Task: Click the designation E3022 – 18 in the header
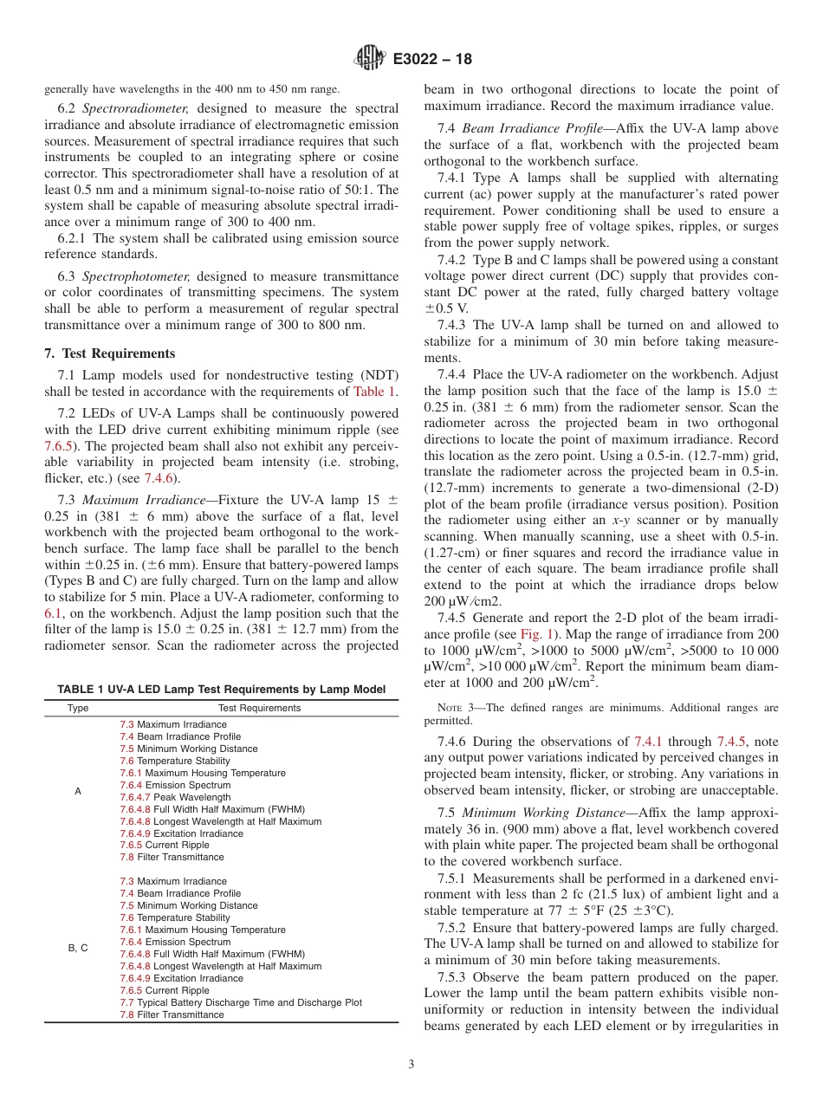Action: click(432, 60)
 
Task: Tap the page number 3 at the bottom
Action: click(411, 1064)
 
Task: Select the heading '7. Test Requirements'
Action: click(109, 353)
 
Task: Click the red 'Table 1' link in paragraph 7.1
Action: click(375, 391)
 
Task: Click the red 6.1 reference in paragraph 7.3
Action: click(53, 613)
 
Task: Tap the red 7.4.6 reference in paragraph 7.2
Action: click(158, 477)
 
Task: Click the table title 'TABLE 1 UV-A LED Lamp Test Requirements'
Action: click(221, 689)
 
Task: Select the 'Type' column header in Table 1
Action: click(78, 708)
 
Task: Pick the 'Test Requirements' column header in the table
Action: click(259, 708)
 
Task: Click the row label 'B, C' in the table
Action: click(78, 948)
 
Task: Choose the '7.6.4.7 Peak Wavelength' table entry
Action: click(175, 797)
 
